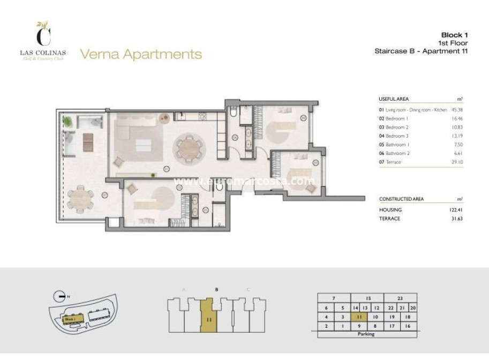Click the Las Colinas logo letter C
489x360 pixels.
point(43,36)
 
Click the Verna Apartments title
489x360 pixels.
point(141,54)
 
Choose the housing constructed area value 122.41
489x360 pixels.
point(454,210)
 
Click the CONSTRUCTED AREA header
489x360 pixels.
point(401,199)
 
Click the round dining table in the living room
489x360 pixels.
point(188,147)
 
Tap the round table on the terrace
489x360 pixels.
point(79,199)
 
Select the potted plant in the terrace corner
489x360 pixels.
point(68,122)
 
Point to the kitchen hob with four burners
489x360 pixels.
point(202,116)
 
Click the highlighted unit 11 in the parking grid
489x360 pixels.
point(359,317)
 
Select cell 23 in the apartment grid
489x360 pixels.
point(399,298)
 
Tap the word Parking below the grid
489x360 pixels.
point(367,334)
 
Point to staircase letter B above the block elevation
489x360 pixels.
point(216,290)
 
